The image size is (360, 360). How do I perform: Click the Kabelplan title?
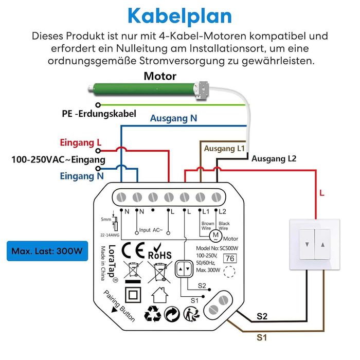click(x=180, y=15)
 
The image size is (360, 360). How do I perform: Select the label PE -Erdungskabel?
click(x=99, y=114)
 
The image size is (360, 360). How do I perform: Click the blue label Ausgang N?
click(x=173, y=118)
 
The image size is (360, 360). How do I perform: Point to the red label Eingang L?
click(x=81, y=142)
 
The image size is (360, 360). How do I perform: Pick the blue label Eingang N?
click(x=81, y=176)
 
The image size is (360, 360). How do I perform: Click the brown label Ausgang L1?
click(x=224, y=149)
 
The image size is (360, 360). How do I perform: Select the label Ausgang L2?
click(x=274, y=159)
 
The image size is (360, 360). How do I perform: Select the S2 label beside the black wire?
click(x=262, y=317)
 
